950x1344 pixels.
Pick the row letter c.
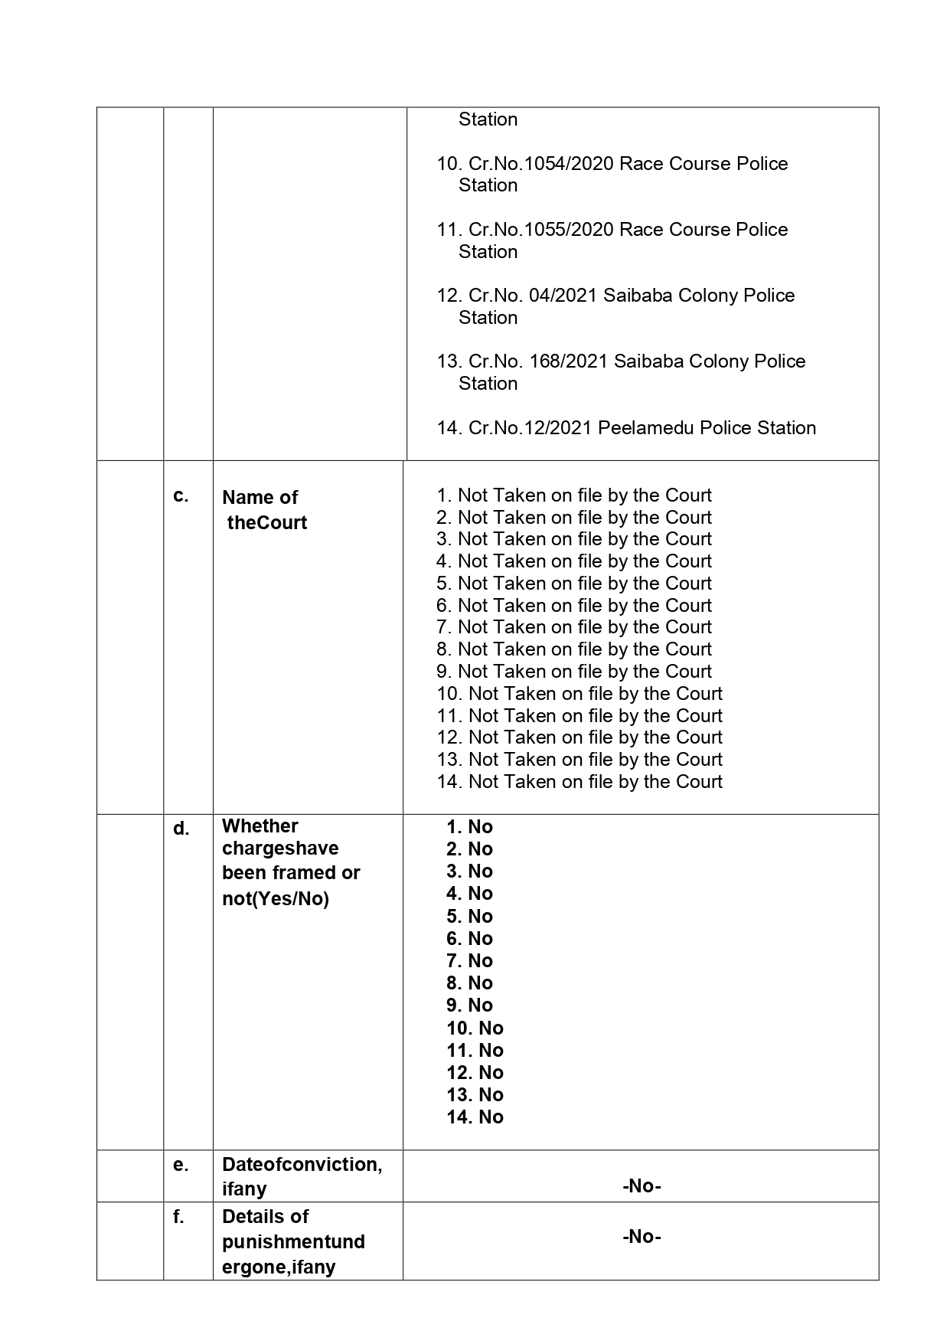(x=181, y=496)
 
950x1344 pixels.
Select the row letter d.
(x=181, y=829)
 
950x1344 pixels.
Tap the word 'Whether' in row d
(x=260, y=826)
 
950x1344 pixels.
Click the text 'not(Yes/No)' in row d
(x=275, y=899)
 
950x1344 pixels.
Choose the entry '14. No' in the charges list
(x=475, y=1117)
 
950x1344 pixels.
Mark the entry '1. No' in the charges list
(x=469, y=827)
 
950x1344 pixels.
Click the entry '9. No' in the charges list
(x=469, y=1006)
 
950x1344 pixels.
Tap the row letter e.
(x=180, y=1165)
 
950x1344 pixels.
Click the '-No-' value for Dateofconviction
(x=641, y=1186)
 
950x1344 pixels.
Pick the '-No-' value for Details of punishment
(x=641, y=1237)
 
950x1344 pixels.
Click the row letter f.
(x=178, y=1217)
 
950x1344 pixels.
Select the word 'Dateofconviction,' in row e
(x=302, y=1165)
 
